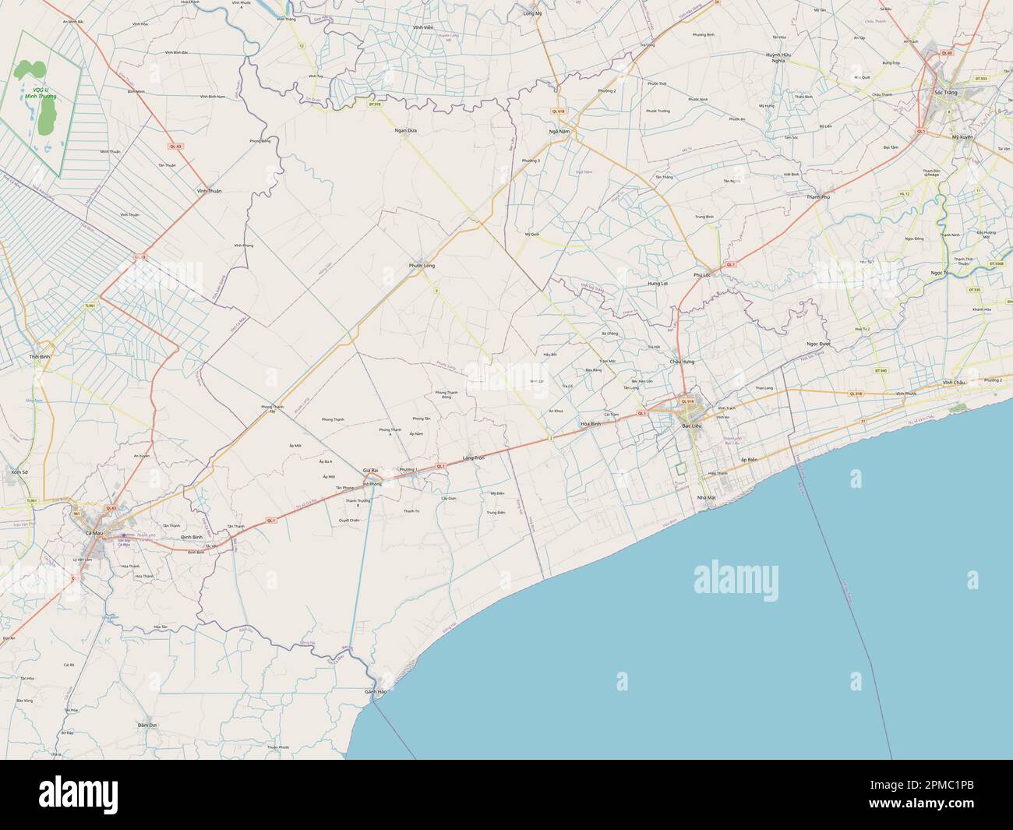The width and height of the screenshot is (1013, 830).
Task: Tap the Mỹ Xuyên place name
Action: [964, 137]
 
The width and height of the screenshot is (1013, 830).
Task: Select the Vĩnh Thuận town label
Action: [210, 190]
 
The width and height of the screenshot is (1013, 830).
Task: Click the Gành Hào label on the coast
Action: [376, 691]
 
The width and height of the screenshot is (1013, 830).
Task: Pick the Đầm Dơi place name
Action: [148, 725]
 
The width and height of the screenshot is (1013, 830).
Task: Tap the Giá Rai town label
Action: [370, 471]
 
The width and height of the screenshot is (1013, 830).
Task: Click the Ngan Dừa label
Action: [406, 130]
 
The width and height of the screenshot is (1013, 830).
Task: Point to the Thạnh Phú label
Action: [821, 198]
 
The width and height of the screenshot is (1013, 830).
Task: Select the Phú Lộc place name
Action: [702, 275]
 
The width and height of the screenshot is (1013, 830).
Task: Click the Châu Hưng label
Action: [681, 362]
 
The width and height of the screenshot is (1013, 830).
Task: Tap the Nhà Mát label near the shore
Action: [706, 496]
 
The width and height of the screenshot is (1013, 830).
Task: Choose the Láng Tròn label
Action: [473, 457]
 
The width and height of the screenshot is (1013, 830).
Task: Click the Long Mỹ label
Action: [533, 14]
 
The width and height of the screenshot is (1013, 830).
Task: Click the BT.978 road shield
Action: [374, 104]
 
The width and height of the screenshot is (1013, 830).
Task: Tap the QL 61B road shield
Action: [557, 111]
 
